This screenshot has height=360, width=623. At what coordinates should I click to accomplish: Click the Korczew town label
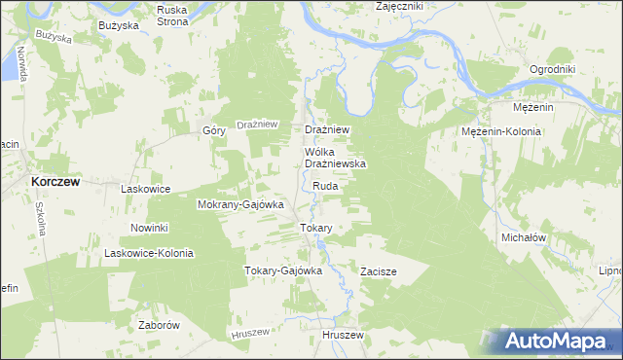tap(55, 182)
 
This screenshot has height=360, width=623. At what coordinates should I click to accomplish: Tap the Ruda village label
tap(326, 185)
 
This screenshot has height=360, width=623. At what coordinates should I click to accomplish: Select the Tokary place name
tap(315, 228)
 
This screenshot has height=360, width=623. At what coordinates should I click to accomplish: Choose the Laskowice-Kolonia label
tap(149, 253)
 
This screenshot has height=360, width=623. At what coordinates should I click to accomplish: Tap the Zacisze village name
tap(378, 271)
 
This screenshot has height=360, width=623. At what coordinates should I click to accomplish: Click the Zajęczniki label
tap(399, 7)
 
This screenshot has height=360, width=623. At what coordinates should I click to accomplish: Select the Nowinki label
tap(150, 228)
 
